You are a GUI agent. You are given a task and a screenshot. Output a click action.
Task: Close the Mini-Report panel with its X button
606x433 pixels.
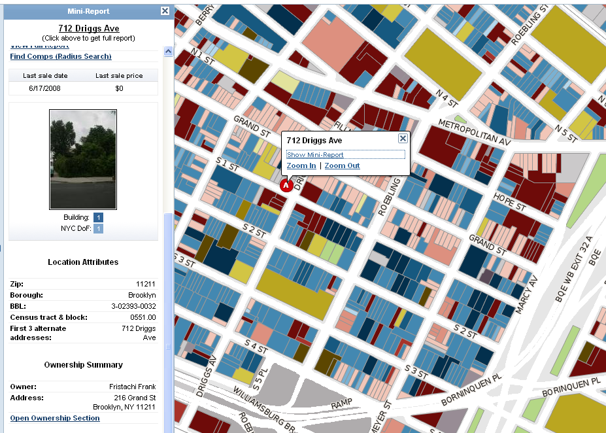tap(165, 11)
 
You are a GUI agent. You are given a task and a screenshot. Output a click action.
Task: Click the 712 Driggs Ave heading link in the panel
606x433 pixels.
tap(88, 29)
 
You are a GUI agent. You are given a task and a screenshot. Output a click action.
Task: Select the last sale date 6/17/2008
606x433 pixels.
tap(45, 88)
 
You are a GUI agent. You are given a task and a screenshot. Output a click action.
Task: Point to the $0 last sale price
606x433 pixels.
tap(119, 88)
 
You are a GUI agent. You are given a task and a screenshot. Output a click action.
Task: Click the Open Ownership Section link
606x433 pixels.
tap(55, 418)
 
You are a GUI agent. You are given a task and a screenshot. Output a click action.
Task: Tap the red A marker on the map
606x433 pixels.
tap(286, 186)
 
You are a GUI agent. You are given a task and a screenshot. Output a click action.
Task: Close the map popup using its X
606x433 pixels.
tap(403, 138)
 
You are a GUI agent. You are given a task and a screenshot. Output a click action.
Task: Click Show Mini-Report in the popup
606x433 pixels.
tap(315, 155)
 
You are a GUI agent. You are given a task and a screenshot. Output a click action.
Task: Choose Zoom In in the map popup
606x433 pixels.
tap(301, 166)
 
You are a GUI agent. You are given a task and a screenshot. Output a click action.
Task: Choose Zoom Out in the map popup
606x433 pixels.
tap(343, 166)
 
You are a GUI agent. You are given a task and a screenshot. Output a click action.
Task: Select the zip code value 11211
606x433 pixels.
tap(146, 285)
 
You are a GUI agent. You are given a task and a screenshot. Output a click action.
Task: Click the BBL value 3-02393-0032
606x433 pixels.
tap(133, 306)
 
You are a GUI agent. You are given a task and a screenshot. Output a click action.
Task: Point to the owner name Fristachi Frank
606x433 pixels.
tap(133, 387)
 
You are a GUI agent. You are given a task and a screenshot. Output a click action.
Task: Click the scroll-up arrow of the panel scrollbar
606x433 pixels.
tap(168, 51)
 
